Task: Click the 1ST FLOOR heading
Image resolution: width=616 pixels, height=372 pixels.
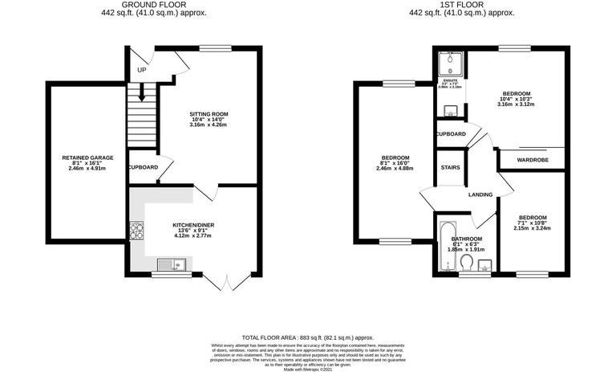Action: tap(462, 5)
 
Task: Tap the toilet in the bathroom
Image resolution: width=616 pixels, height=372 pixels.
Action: tap(466, 261)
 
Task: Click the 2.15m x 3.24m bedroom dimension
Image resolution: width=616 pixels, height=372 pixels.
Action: tap(533, 228)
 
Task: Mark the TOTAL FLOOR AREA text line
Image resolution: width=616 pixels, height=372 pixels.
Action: tap(308, 338)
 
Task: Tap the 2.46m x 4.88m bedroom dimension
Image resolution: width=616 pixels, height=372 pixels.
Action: tap(396, 169)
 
